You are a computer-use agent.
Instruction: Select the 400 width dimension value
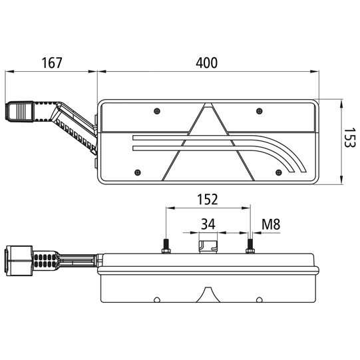click(206, 63)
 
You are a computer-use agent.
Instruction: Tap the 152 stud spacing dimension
click(206, 199)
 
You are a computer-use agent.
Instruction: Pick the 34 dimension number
click(207, 224)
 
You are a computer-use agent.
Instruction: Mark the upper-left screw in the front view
click(155, 110)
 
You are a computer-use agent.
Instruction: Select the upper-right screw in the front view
click(256, 110)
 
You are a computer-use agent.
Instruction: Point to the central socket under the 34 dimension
click(208, 246)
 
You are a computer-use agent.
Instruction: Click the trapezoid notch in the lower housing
click(208, 295)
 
